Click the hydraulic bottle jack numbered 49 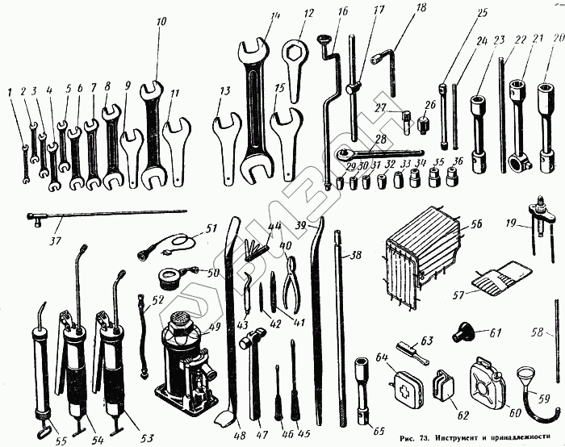(x=186, y=355)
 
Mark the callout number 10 (x=162, y=20)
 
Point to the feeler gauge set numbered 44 (x=257, y=240)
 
